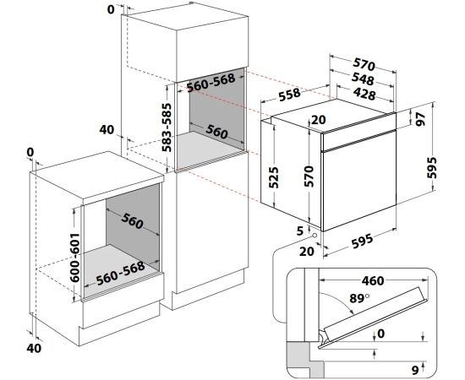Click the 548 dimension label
click(x=363, y=79)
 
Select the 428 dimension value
click(x=364, y=94)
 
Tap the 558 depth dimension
click(x=290, y=95)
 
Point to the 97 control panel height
click(x=420, y=119)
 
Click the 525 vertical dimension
click(x=273, y=177)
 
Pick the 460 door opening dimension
click(x=373, y=280)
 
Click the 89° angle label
click(x=359, y=298)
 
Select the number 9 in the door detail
click(x=415, y=370)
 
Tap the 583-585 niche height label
click(x=168, y=128)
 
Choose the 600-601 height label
click(x=74, y=257)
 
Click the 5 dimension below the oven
click(x=300, y=231)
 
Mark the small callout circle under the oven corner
click(x=314, y=236)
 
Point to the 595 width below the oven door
click(x=362, y=242)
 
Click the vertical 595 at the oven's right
click(x=432, y=168)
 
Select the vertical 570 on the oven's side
click(x=309, y=176)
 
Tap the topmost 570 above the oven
click(x=364, y=64)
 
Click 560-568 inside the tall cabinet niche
click(x=211, y=82)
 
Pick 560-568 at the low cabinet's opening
click(x=121, y=273)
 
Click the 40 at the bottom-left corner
click(x=34, y=348)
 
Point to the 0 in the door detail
click(x=380, y=334)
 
